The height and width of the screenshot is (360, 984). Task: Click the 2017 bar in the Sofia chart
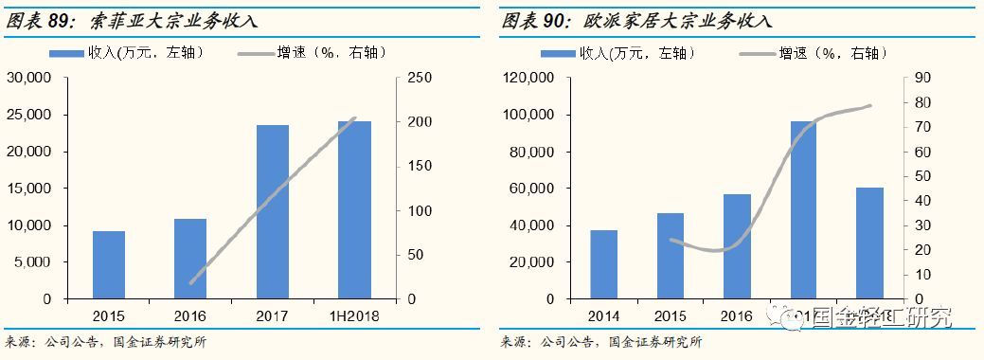[272, 211]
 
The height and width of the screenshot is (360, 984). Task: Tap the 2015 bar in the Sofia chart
[109, 264]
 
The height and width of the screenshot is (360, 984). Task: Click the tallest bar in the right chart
[803, 209]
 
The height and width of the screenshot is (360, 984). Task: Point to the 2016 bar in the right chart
[737, 246]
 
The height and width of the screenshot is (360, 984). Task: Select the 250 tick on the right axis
[420, 79]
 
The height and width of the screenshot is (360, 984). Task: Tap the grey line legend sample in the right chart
[744, 51]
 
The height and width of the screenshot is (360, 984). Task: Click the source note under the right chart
[601, 342]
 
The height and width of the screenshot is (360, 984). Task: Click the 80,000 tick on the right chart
[537, 153]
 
